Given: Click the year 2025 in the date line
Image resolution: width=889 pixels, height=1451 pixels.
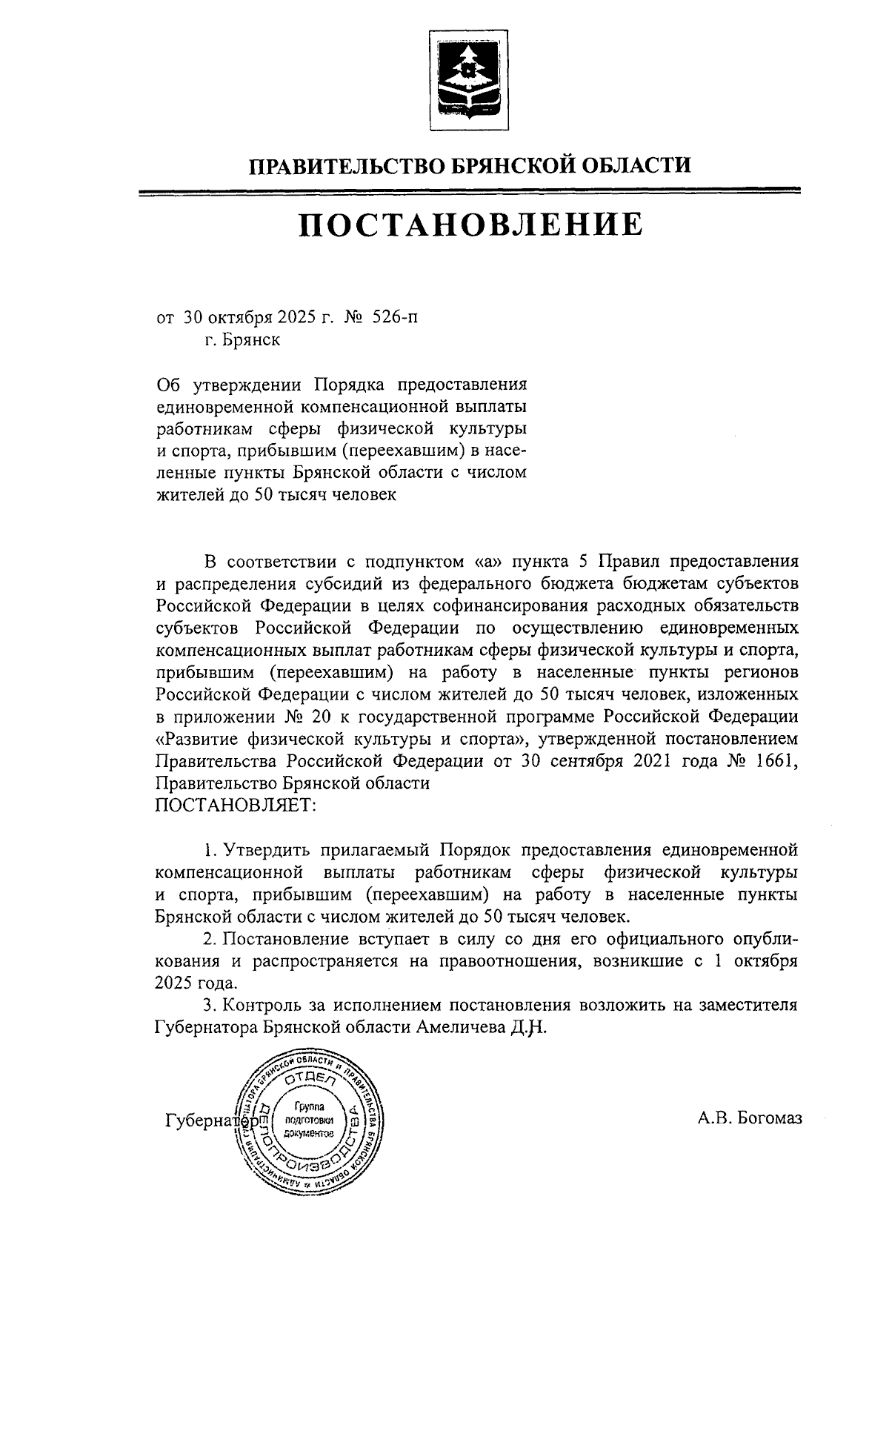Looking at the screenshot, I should coord(277,319).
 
